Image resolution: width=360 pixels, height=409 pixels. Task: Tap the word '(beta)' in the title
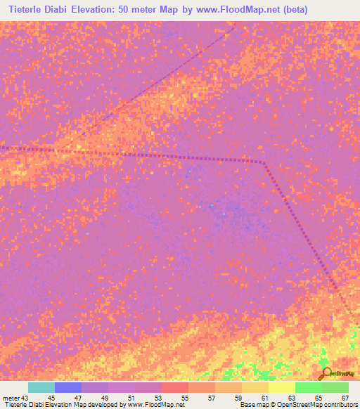pos(291,10)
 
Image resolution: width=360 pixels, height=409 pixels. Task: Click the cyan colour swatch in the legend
pos(41,387)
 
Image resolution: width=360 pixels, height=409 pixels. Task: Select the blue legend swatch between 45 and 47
pos(68,387)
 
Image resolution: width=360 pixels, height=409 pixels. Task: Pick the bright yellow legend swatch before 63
pos(281,387)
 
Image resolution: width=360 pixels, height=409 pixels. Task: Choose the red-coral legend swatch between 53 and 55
pos(175,387)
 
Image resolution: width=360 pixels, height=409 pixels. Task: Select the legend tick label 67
pos(345,398)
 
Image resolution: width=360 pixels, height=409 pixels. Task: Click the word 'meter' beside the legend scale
pos(10,398)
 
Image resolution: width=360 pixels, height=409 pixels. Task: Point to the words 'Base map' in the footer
pos(251,405)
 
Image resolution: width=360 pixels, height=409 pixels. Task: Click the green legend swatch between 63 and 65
pos(308,387)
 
